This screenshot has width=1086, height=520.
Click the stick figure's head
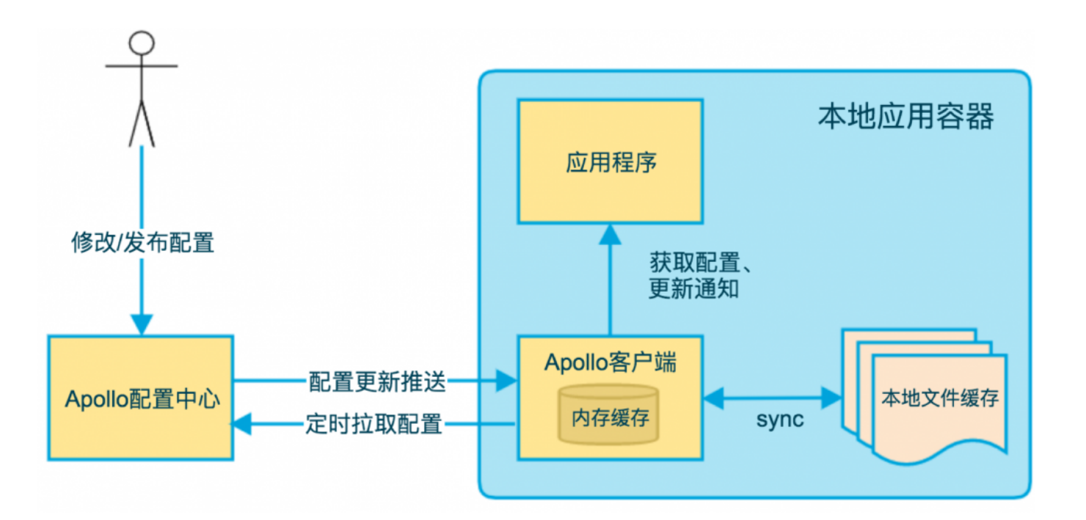[142, 43]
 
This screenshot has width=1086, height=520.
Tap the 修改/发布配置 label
[142, 242]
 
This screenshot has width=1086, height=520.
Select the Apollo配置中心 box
[141, 398]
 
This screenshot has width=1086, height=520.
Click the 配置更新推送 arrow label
[377, 381]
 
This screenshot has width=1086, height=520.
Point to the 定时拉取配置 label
[373, 424]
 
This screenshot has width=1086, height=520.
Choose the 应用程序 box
[610, 161]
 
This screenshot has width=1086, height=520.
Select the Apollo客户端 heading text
[610, 363]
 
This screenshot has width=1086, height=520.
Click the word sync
[779, 420]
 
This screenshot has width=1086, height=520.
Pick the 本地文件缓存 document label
[939, 399]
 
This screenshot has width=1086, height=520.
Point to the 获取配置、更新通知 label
[697, 275]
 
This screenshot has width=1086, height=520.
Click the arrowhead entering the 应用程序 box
[610, 234]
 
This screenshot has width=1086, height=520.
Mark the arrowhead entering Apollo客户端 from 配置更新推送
[507, 381]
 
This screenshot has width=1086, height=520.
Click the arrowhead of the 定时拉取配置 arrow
[243, 423]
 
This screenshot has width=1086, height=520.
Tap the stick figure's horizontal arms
[142, 67]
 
